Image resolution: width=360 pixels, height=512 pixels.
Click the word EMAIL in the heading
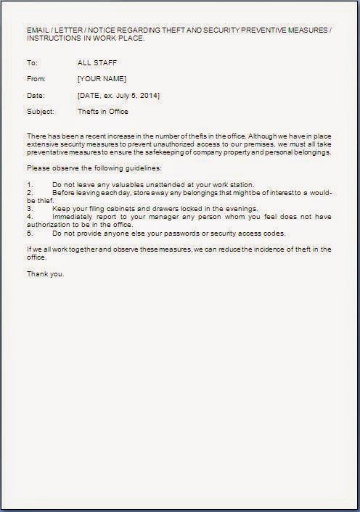pos(37,29)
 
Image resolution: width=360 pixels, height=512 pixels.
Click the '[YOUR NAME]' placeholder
pos(102,78)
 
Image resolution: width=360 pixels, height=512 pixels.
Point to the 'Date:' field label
pos(35,95)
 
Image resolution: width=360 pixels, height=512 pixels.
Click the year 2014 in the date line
pos(150,95)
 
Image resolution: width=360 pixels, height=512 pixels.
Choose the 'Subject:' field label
pos(40,112)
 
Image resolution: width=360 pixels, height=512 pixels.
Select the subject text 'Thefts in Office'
pos(102,112)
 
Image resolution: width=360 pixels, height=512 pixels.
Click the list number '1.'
pos(30,184)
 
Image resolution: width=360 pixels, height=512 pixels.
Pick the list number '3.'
pos(30,208)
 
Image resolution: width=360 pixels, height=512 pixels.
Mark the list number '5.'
pos(30,233)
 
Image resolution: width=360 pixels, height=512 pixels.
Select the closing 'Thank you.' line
pos(45,273)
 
